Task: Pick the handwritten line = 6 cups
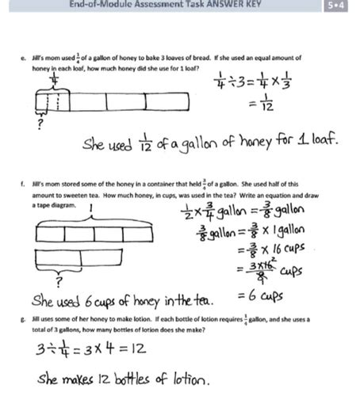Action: (x=258, y=296)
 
